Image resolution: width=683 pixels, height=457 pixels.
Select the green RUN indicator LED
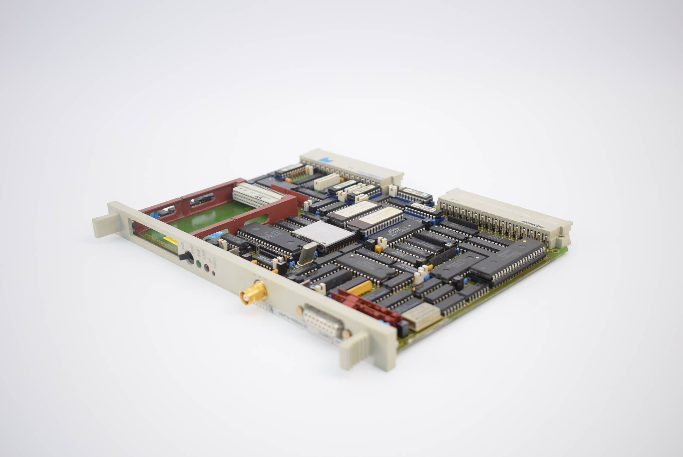coord(199,264)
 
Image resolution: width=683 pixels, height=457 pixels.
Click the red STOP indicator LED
coord(207,269)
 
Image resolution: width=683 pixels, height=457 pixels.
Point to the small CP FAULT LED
coord(214,273)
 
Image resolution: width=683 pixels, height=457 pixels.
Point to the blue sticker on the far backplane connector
coord(324,160)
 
